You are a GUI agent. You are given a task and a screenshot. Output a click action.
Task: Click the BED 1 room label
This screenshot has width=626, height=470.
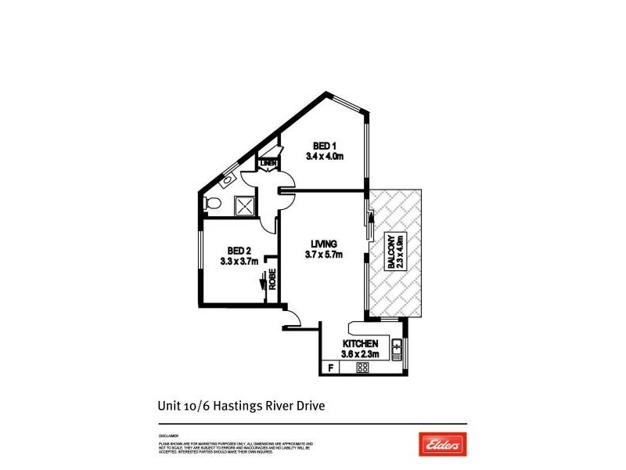point(325,146)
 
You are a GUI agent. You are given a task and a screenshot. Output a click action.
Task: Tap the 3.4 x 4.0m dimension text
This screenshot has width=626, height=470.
point(325,157)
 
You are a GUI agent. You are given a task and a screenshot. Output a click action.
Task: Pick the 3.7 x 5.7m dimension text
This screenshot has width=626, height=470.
point(323,254)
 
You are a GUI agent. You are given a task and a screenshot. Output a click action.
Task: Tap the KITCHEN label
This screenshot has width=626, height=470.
point(361,344)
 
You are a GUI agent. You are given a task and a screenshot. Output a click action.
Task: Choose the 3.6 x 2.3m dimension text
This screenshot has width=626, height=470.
point(361,355)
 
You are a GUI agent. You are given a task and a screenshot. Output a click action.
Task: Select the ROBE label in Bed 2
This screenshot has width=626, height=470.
point(272,280)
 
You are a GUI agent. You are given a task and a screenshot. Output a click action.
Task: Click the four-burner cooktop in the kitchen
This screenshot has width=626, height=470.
point(363,367)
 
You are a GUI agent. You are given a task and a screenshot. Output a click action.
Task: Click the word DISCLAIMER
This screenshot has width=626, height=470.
point(168,436)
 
